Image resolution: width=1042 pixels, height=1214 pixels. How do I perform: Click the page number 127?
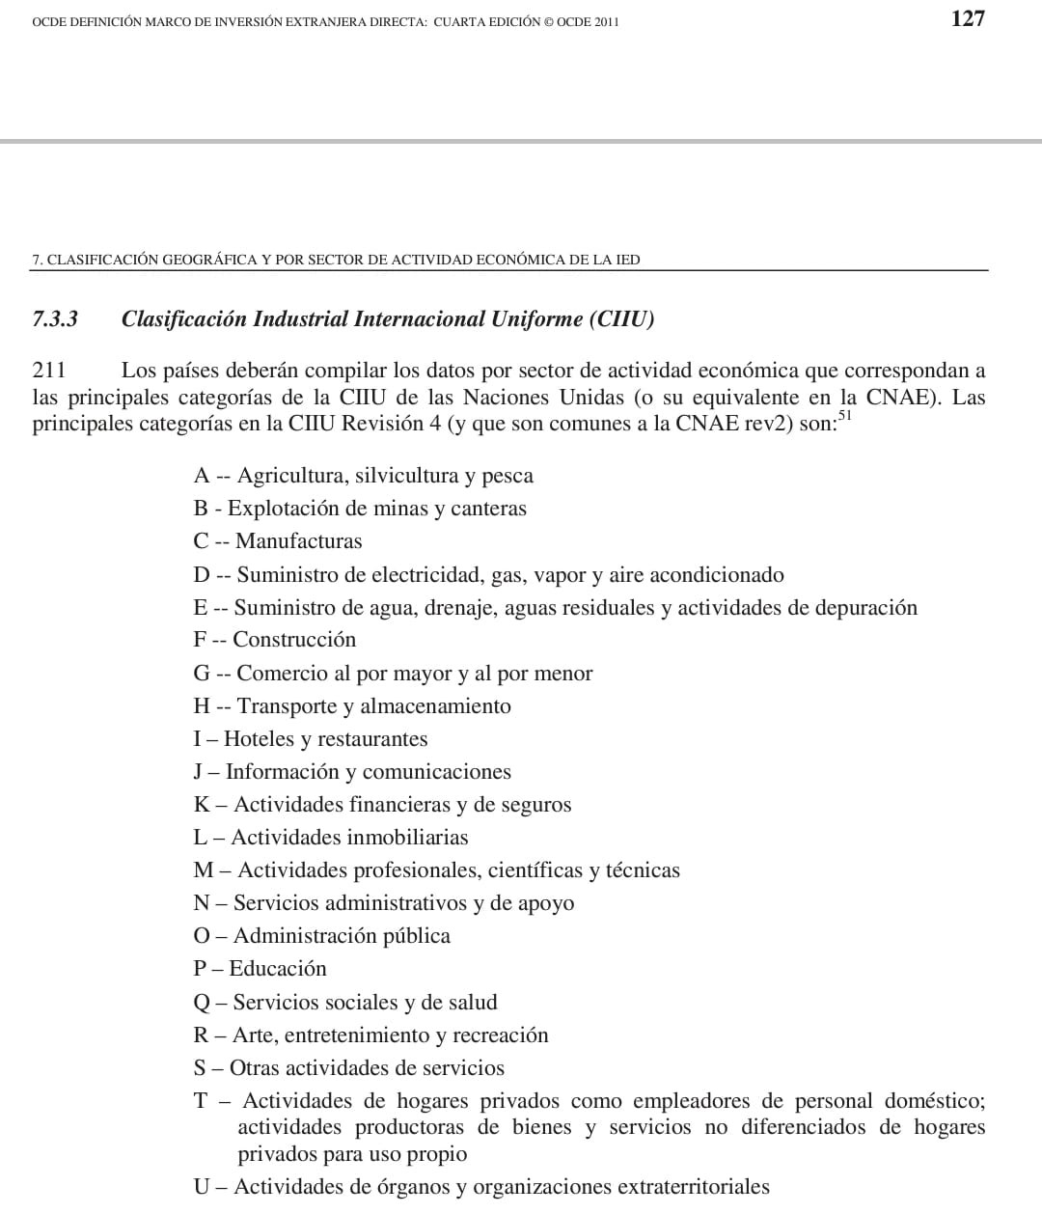coord(967,18)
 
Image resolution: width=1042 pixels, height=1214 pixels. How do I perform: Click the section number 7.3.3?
coord(55,319)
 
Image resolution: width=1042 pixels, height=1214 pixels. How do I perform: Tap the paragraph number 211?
coord(48,371)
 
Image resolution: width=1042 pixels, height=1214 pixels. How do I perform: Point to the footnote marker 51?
coord(845,416)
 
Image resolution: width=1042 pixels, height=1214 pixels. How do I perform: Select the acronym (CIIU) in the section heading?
coord(621,319)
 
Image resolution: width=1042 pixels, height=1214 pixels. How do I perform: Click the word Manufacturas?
coord(299,541)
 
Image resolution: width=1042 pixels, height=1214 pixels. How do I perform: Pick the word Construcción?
coord(294,640)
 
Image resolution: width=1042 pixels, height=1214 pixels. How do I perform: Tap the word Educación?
coord(278,969)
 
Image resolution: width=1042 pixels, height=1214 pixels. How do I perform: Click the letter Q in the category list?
coord(202,1003)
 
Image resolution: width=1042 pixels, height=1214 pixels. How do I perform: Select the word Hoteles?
coord(259,739)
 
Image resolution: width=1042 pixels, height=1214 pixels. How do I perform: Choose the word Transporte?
coord(287,706)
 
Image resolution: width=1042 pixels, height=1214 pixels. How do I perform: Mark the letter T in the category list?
coord(201,1101)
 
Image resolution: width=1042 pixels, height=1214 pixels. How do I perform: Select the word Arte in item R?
coord(253,1035)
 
